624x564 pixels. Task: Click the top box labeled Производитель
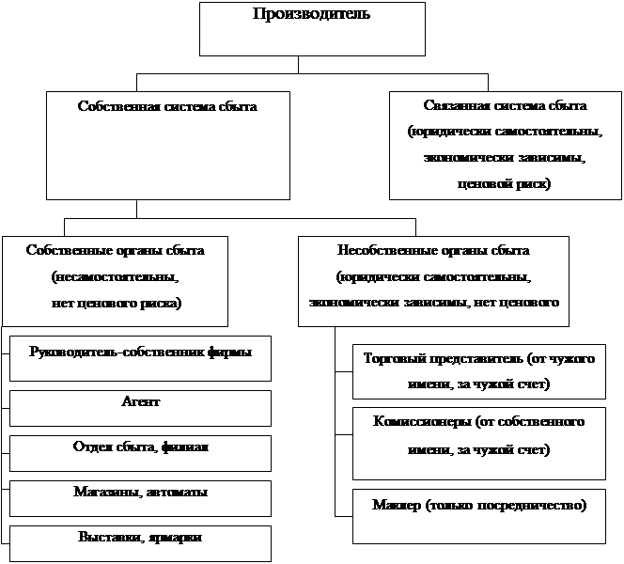pos(298,28)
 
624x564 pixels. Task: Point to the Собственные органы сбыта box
pos(115,279)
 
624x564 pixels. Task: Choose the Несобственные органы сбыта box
pos(433,279)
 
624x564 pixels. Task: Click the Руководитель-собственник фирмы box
pos(140,357)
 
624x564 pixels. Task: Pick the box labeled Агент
pos(140,407)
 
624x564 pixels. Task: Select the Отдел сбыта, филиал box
pos(140,452)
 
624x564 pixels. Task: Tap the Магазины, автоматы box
pos(140,497)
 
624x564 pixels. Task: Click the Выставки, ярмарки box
pos(140,542)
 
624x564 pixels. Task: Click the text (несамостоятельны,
pos(115,278)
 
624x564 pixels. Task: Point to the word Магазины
pos(104,492)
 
